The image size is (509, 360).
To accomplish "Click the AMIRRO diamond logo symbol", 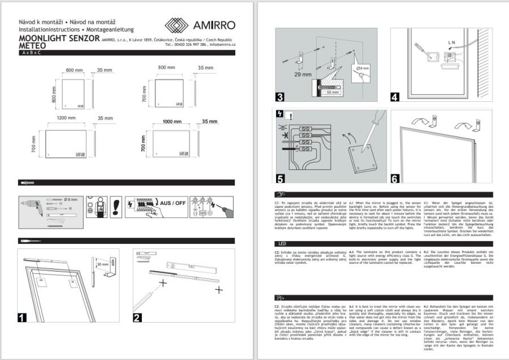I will tap(176, 25).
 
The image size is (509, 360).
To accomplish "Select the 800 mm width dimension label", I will tap(166, 67).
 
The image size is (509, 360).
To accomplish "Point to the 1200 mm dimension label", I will tap(67, 118).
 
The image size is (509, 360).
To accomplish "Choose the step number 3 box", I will tap(279, 96).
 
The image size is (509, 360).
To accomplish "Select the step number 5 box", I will tap(279, 178).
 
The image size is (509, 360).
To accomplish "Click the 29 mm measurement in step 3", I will tap(287, 74).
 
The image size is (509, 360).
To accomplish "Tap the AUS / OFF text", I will tap(173, 202).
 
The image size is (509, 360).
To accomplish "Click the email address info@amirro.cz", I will tap(222, 44).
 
